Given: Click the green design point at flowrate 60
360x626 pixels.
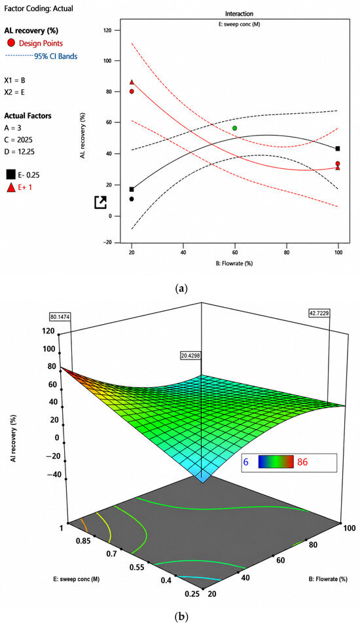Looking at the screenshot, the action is [235, 128].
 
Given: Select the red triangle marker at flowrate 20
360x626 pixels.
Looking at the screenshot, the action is [132, 82].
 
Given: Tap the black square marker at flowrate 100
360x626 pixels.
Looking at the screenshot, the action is [338, 149].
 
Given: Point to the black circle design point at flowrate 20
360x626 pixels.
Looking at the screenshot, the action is [132, 199].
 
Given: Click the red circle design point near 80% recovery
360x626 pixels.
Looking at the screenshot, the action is [132, 92].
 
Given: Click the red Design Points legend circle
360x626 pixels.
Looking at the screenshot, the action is [10, 43].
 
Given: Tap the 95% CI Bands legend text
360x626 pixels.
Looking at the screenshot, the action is [56, 56].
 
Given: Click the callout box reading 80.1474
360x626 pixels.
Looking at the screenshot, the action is [60, 317].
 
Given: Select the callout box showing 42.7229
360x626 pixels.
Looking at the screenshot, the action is [319, 313].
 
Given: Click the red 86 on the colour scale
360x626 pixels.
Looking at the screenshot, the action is [302, 462].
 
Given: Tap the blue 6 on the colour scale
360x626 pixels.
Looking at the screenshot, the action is [246, 462].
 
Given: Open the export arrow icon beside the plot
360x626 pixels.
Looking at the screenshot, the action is [100, 202].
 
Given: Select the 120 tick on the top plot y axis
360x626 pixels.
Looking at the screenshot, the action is [117, 30].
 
